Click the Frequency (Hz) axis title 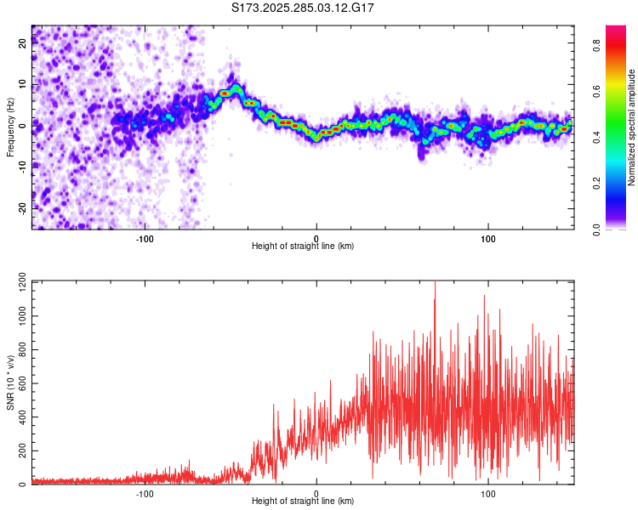(10, 127)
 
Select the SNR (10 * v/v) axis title (10, 382)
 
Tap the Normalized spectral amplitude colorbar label (632, 127)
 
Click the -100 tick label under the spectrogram (144, 238)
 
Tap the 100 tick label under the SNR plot (488, 493)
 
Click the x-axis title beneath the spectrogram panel (304, 246)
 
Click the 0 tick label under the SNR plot (316, 493)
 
